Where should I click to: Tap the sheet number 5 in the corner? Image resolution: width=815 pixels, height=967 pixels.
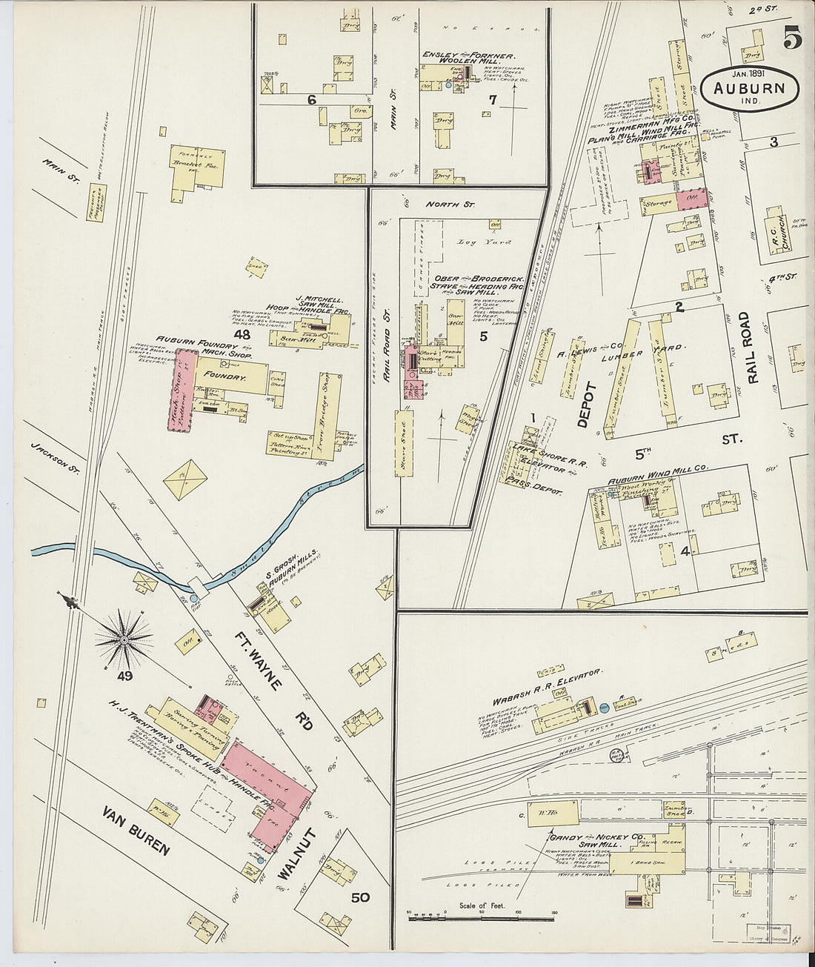click(x=792, y=37)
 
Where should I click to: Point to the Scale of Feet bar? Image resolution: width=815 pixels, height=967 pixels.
click(x=482, y=917)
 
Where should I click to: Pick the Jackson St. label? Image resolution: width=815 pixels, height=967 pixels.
click(x=56, y=459)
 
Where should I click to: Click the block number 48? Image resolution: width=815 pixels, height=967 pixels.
click(x=242, y=334)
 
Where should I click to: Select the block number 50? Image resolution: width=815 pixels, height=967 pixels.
click(x=360, y=898)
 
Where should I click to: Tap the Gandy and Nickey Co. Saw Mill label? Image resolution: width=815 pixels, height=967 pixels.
click(x=595, y=841)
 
